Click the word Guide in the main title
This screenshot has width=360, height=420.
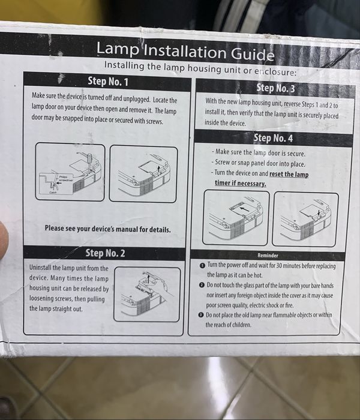click(253, 53)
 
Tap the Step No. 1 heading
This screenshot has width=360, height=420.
click(108, 81)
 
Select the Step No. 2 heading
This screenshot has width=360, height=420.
click(105, 253)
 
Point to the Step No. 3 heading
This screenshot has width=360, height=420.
click(275, 88)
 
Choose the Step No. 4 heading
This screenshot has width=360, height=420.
click(273, 138)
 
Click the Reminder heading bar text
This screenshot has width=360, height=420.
click(268, 256)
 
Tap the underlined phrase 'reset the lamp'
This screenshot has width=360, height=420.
click(289, 174)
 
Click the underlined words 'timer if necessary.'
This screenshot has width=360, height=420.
click(241, 183)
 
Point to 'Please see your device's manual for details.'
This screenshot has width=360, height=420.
click(107, 229)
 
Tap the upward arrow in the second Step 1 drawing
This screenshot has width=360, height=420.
click(158, 169)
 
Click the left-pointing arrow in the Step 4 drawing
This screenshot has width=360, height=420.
click(245, 209)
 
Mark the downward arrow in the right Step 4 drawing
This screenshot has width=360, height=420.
click(319, 212)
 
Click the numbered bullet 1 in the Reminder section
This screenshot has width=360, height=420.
click(203, 266)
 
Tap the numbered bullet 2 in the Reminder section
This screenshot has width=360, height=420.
click(202, 285)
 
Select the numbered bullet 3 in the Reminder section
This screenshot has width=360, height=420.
click(201, 315)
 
